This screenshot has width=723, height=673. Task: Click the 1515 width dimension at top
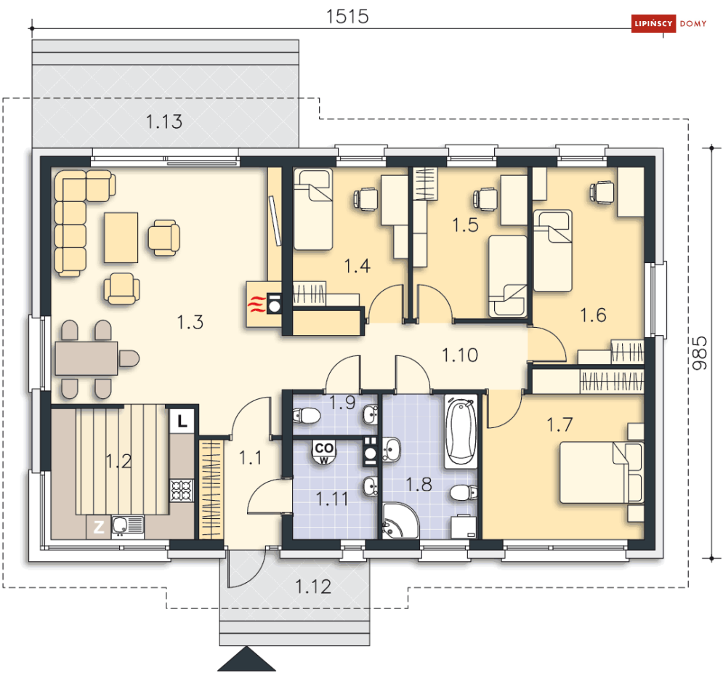tap(348, 16)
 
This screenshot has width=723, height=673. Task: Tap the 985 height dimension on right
tap(699, 352)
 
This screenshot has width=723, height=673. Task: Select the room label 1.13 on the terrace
tap(164, 122)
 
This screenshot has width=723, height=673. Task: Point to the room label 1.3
tap(190, 321)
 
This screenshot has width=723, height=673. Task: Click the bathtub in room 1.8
tap(460, 431)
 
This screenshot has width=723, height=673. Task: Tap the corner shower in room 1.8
tap(399, 520)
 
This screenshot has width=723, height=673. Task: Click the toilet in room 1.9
tap(306, 416)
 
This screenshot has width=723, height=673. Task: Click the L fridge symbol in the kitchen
tap(182, 419)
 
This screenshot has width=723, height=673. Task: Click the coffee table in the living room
tap(121, 236)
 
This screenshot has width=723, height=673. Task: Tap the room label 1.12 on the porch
tap(312, 586)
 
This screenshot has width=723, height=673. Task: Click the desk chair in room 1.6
tap(602, 191)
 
